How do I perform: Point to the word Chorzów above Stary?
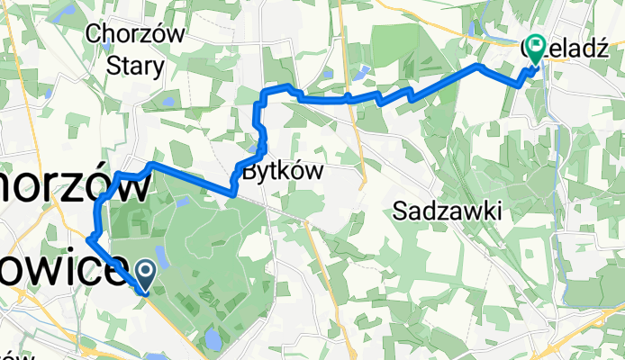(x=135, y=35)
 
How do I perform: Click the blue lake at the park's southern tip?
(x=213, y=339)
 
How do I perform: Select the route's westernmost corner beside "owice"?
(x=88, y=239)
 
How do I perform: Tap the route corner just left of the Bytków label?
(x=232, y=192)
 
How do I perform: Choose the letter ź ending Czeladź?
(x=596, y=50)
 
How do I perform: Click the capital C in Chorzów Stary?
(x=94, y=35)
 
